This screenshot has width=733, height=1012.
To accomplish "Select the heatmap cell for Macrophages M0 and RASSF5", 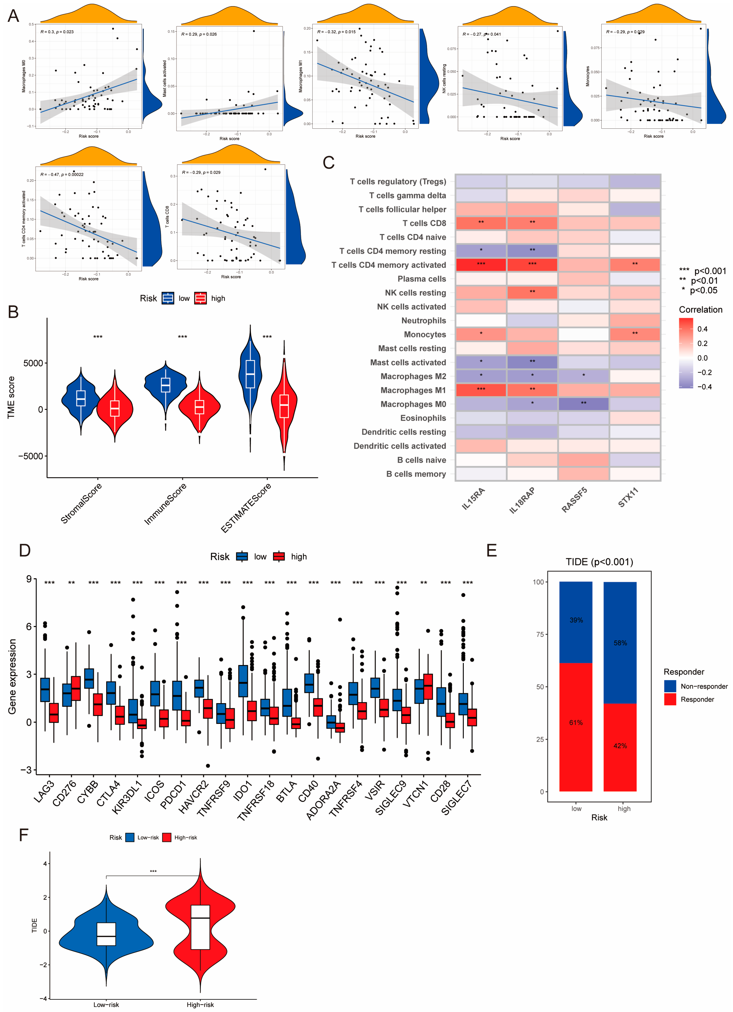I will pos(583,404).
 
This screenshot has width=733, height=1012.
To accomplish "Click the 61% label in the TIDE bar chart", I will pos(576,722).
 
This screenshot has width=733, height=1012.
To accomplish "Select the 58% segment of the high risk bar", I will pos(620,643).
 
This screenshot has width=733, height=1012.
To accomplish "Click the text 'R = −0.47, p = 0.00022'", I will pos(62,175).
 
